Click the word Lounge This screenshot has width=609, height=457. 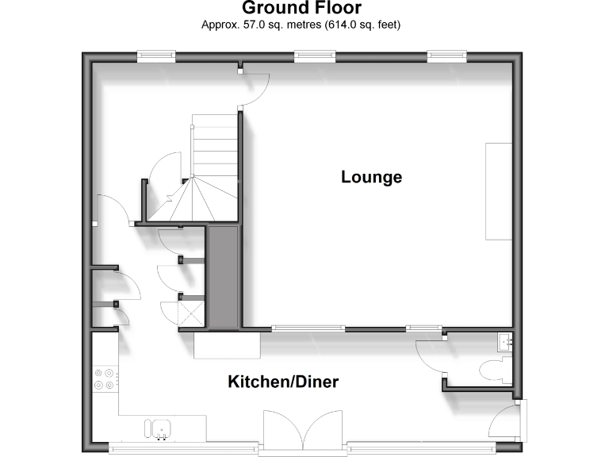[x=371, y=177]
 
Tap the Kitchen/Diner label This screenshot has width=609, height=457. [x=283, y=382]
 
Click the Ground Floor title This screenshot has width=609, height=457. [x=301, y=9]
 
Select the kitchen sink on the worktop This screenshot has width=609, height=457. [x=159, y=428]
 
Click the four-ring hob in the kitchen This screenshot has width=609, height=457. [x=104, y=379]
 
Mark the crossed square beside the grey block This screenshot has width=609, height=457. [x=191, y=313]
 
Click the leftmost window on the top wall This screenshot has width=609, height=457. [x=155, y=55]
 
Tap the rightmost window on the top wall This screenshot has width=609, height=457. [x=446, y=55]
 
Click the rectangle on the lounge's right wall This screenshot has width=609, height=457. [x=499, y=190]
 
